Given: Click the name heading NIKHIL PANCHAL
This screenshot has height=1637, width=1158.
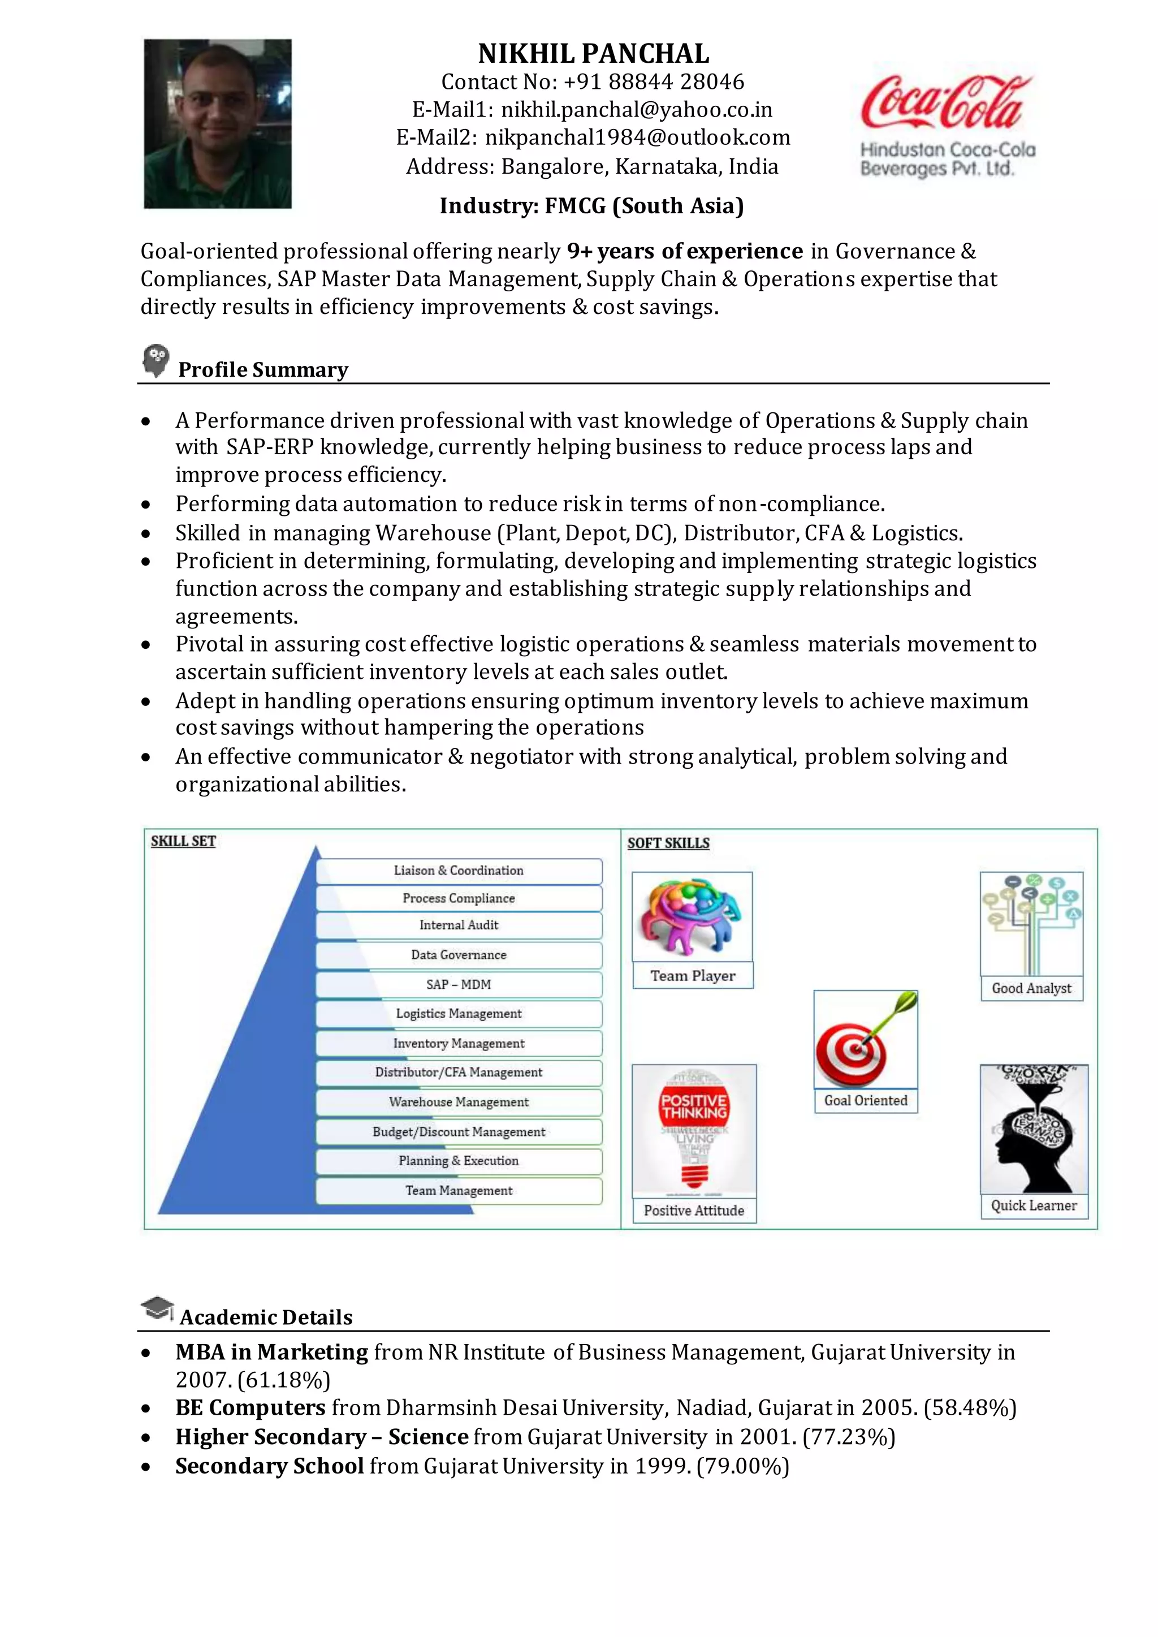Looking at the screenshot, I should (593, 54).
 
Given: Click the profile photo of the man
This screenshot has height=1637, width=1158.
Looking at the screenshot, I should (218, 123).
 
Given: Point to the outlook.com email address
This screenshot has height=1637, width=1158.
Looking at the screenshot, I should (637, 137).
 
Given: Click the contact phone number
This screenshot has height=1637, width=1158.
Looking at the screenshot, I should (654, 82).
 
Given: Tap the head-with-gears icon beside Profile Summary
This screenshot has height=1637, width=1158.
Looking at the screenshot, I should (155, 360).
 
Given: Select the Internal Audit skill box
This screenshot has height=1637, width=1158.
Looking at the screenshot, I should (459, 925).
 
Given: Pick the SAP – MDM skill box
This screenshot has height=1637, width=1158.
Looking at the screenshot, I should (459, 984).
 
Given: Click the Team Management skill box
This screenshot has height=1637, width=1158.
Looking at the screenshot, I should (459, 1191).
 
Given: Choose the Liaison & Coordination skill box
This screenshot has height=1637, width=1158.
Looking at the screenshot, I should (459, 870).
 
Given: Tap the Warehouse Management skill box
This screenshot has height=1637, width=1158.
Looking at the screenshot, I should (459, 1102).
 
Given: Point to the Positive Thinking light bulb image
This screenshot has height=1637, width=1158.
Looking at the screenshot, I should (694, 1129).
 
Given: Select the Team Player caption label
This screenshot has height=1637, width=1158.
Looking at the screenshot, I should (693, 976).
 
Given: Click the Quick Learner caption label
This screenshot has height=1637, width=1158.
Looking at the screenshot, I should (1033, 1205).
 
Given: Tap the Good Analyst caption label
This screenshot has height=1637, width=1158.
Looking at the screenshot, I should (1031, 989).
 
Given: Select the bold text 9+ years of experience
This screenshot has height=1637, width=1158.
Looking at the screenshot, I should (685, 251).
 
